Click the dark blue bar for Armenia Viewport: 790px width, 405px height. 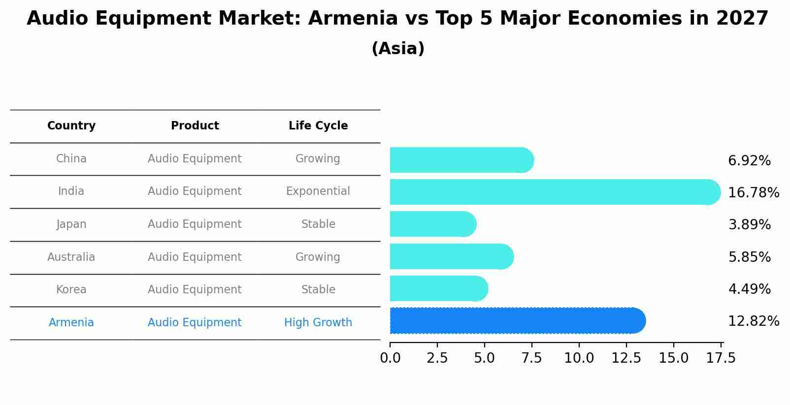coord(517,321)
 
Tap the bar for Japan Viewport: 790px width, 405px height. coord(433,224)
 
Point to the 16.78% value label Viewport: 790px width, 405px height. coord(754,192)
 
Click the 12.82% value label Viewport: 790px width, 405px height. coord(754,321)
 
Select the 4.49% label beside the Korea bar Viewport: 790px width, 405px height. coord(749,289)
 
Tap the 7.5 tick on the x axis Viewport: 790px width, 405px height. coord(532,358)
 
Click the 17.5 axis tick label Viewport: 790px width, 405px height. coord(721,358)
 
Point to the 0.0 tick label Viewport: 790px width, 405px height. coord(390,358)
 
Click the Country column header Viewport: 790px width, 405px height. coord(71,126)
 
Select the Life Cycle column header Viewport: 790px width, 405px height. coord(318,126)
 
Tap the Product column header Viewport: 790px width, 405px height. coord(195,126)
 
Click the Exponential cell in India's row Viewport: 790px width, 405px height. coord(318,191)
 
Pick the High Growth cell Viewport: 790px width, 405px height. coord(318,323)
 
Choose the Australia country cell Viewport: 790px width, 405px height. coord(71,257)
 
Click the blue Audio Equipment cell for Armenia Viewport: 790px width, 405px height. coord(195,323)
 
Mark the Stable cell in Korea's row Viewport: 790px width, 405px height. coord(318,290)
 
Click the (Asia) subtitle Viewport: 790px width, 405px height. coord(398,49)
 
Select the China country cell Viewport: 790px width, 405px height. coord(71,159)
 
